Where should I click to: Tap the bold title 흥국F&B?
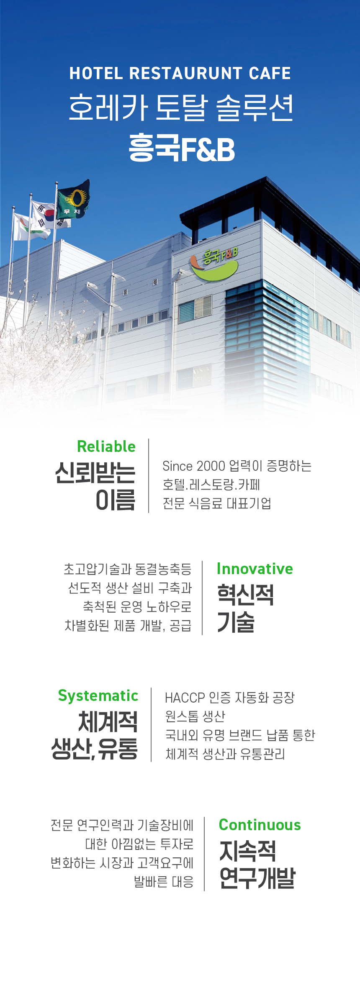(x=182, y=148)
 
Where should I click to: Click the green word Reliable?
(x=106, y=446)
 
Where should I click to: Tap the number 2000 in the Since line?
(x=211, y=466)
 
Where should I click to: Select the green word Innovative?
(x=255, y=569)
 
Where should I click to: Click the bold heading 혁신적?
(x=245, y=595)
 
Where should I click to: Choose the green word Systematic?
(x=98, y=696)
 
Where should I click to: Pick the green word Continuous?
(x=260, y=825)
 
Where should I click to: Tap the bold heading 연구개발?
(x=257, y=877)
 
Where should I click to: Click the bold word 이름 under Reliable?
(x=116, y=500)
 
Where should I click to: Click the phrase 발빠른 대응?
(x=164, y=882)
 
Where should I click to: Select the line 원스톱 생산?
(x=195, y=716)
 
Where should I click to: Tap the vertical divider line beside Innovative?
(x=202, y=598)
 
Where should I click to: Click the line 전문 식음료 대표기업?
(x=217, y=503)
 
